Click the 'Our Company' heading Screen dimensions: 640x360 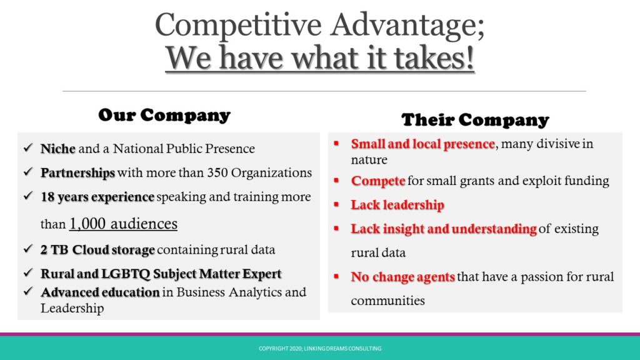[x=164, y=115]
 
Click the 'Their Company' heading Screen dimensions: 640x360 [x=475, y=120]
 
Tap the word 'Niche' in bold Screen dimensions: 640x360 [x=58, y=149]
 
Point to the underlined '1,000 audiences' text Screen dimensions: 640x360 [x=123, y=224]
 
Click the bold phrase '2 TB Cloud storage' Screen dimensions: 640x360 [x=97, y=250]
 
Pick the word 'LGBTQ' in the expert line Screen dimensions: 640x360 [x=126, y=274]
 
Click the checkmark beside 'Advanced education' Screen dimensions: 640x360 [x=28, y=291]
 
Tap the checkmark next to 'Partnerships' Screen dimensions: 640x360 [x=28, y=172]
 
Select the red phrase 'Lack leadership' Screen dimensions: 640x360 [x=397, y=205]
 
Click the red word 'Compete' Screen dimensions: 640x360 [x=378, y=181]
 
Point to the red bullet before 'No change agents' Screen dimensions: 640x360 [x=336, y=276]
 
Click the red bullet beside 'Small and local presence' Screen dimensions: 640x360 [x=336, y=143]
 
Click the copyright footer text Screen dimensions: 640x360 [x=320, y=349]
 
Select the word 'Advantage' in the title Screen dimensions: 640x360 [x=407, y=25]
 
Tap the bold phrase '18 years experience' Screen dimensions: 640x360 [x=97, y=197]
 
